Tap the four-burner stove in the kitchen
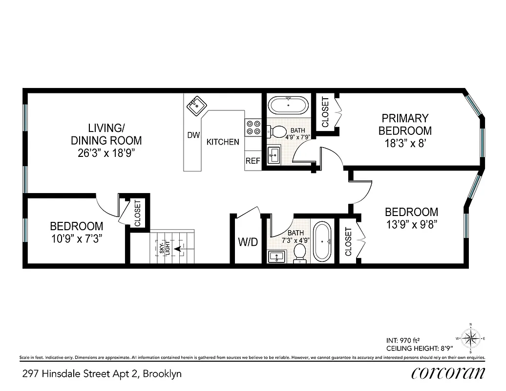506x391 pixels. [x=253, y=128]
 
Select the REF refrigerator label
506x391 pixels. [x=253, y=161]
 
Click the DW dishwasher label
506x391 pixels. [x=193, y=135]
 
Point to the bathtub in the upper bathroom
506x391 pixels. [x=288, y=105]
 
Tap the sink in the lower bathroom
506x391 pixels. [x=277, y=256]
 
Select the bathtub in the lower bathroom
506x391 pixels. [x=322, y=241]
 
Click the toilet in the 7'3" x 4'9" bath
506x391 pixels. [x=300, y=253]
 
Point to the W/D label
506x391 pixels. [x=248, y=242]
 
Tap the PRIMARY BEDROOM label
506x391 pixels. [x=405, y=124]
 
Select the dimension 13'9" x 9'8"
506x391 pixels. [x=411, y=224]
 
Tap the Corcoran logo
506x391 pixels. [x=448, y=373]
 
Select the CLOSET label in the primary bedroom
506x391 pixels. [x=325, y=112]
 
